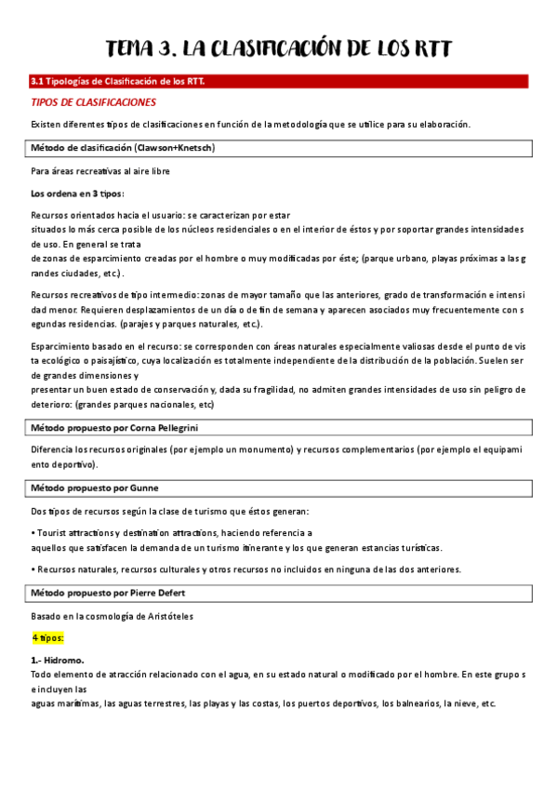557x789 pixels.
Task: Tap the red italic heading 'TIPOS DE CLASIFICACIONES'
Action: [x=93, y=102]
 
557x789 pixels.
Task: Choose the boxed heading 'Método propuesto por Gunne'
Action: [x=95, y=488]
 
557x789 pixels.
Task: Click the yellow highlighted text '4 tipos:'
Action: [x=47, y=638]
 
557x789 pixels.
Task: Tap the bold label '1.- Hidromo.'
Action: [x=58, y=661]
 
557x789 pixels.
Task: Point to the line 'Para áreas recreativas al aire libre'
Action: [x=100, y=171]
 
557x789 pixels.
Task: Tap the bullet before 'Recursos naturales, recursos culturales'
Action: [x=33, y=569]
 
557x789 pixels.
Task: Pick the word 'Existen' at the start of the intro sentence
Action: [x=46, y=125]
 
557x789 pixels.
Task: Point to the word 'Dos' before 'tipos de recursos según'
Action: [x=38, y=511]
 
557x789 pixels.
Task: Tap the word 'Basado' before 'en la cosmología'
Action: [x=46, y=616]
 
